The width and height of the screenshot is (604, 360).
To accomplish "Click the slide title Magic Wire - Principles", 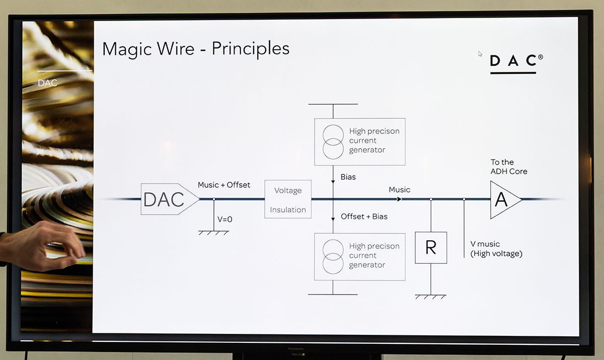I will pos(195,49).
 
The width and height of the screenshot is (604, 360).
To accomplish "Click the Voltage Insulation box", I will pos(288,199).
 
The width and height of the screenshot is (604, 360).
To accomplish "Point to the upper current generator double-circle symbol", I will pos(333,141).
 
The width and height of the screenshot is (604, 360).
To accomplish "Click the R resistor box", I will pos(431,248).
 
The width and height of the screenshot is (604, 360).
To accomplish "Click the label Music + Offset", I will pos(224,185).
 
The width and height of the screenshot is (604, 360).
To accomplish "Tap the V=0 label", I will pos(225,220).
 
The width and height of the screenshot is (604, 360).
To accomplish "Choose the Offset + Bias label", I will pos(364,217).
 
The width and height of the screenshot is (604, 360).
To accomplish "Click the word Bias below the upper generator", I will pos(348,177).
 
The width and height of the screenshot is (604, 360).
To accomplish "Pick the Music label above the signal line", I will pos(399,190).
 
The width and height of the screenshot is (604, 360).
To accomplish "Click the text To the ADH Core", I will pos(509,167).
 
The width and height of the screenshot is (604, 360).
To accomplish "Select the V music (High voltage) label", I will pos(496,249).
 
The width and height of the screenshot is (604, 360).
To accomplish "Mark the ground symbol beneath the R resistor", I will pos(431,297).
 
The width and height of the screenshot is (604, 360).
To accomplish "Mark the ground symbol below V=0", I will pos(214,233).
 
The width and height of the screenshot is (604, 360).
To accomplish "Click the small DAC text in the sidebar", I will pos(48,83).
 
